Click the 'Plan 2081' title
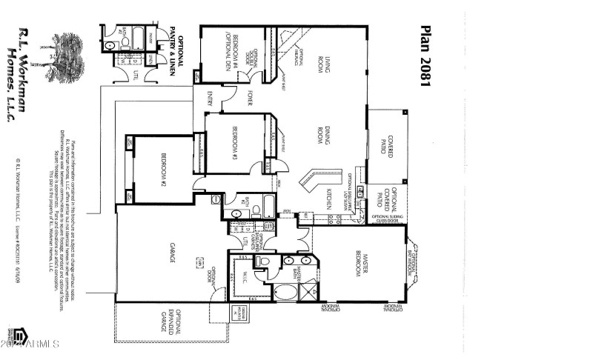point(425,58)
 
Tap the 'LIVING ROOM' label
point(323,63)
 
